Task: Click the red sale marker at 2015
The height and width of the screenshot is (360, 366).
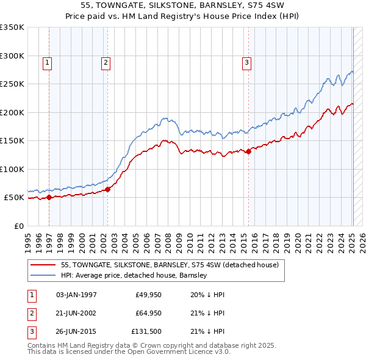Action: tap(248, 152)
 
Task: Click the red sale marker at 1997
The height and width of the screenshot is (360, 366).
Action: tap(49, 197)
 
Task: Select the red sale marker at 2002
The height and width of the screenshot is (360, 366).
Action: tap(108, 189)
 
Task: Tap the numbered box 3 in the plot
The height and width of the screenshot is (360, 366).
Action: tap(246, 62)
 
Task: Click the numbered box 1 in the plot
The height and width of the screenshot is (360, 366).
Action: tap(47, 62)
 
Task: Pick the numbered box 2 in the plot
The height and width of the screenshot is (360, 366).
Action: tap(106, 62)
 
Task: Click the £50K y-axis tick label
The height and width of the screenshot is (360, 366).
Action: tap(14, 198)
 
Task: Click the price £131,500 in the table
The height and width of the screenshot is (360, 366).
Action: tap(146, 333)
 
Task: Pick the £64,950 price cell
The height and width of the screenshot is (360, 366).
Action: tap(148, 314)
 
